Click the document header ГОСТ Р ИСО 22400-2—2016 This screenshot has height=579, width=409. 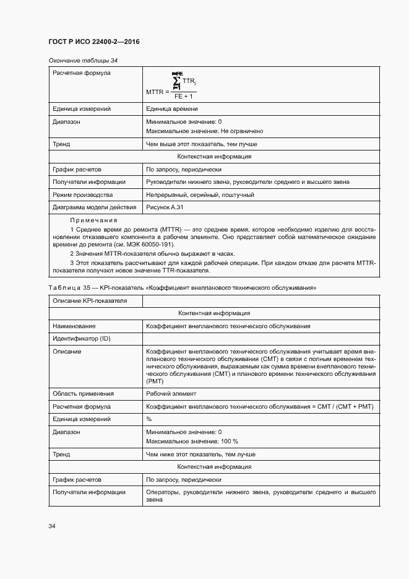click(93, 41)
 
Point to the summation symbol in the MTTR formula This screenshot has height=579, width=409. click(177, 82)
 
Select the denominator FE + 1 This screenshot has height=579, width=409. click(184, 97)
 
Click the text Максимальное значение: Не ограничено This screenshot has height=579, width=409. click(205, 131)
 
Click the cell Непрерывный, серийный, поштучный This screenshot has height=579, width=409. click(200, 194)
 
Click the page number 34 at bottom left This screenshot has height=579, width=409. click(52, 526)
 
